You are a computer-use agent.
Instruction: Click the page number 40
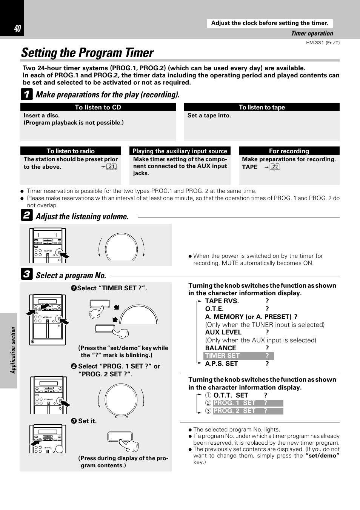[x=17, y=29]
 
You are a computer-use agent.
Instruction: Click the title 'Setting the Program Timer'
[x=87, y=53]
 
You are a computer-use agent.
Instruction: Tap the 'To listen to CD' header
[x=98, y=107]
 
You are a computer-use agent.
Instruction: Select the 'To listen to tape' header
[x=262, y=107]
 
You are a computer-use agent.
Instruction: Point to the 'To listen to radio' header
[x=71, y=151]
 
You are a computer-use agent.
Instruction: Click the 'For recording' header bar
[x=289, y=151]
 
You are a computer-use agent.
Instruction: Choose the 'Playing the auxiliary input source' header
[x=180, y=151]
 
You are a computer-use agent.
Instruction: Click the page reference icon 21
[x=111, y=166]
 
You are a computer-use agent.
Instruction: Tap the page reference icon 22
[x=275, y=167]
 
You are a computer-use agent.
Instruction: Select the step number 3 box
[x=26, y=274]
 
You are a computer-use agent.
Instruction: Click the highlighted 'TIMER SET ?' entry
[x=238, y=356]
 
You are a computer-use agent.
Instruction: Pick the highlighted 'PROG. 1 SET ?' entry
[x=248, y=403]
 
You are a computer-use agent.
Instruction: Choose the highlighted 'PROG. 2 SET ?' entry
[x=248, y=411]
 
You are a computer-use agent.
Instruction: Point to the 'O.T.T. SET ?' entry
[x=240, y=395]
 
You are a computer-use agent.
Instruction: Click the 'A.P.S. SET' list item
[x=222, y=364]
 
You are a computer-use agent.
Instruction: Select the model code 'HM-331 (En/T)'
[x=323, y=43]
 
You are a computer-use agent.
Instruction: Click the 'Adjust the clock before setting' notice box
[x=269, y=23]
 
